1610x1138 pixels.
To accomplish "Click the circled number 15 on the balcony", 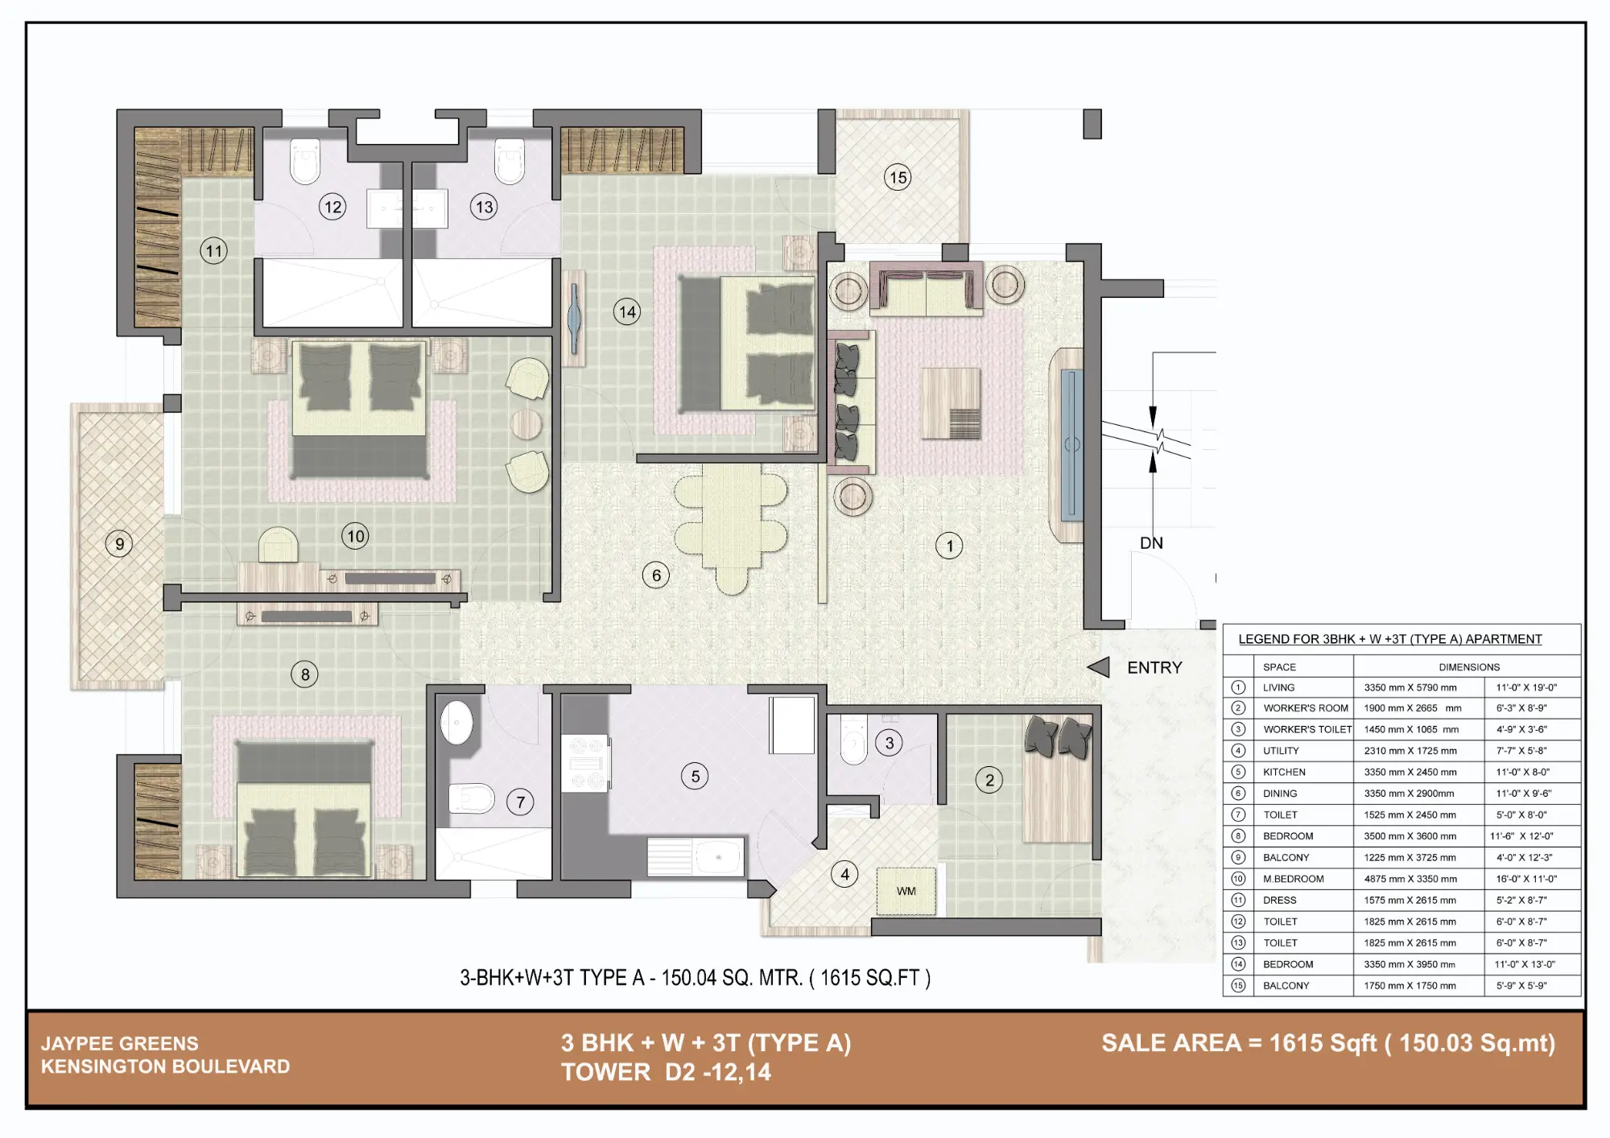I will [898, 177].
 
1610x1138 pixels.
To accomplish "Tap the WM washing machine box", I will [906, 891].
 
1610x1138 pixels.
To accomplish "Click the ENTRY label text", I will [1154, 667].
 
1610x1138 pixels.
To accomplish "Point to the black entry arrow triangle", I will [1099, 667].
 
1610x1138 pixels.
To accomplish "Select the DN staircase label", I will [1151, 543].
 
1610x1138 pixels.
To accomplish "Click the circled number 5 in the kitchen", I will [695, 776].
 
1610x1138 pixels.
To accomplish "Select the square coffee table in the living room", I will [951, 403].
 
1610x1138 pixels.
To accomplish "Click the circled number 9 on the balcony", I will [119, 544].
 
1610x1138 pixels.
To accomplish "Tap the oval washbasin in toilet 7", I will [456, 722].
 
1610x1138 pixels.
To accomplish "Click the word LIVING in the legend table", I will [1278, 687].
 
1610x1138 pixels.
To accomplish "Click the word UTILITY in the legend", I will [1281, 751].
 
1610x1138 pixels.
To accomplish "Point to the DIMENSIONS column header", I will [1469, 667].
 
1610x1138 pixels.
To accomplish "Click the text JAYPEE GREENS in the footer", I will [120, 1043].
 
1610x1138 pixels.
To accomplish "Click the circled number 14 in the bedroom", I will [627, 311].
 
